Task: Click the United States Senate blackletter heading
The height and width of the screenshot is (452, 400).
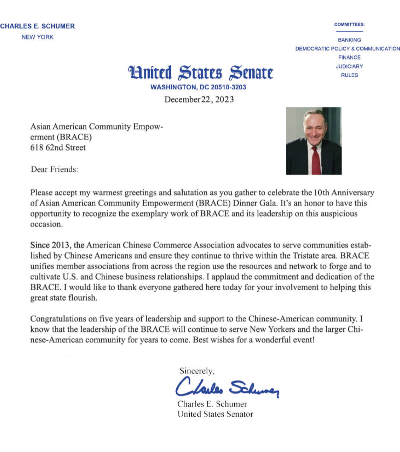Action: click(x=201, y=73)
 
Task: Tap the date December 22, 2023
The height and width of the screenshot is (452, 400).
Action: click(x=199, y=100)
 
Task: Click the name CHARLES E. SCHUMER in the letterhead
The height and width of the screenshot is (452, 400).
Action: click(x=38, y=26)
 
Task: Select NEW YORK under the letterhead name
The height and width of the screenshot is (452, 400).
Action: click(x=38, y=37)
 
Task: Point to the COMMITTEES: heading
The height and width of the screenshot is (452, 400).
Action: click(x=349, y=25)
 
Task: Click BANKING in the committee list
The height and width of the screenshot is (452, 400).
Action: click(x=349, y=40)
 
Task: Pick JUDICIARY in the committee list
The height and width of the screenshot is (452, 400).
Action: click(x=349, y=66)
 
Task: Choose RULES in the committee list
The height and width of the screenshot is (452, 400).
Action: click(x=349, y=75)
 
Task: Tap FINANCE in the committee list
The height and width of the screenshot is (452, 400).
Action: click(x=349, y=58)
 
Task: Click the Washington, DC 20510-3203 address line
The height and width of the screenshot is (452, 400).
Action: click(x=198, y=87)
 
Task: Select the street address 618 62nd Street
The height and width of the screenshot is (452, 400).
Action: click(x=58, y=148)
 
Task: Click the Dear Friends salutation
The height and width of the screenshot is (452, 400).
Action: click(x=54, y=169)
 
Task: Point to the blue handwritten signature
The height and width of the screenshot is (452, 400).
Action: click(x=227, y=387)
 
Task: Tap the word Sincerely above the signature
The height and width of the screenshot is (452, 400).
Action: click(x=197, y=371)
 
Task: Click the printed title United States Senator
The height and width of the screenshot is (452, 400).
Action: click(x=215, y=414)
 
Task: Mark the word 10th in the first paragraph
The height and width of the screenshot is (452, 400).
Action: click(x=321, y=193)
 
